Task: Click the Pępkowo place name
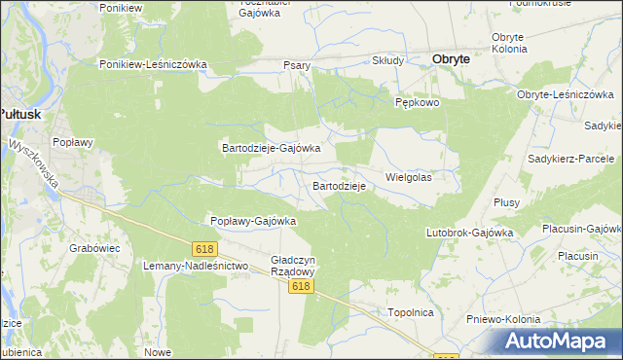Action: click(x=419, y=102)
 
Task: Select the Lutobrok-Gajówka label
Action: click(x=469, y=234)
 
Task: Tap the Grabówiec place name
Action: click(x=94, y=248)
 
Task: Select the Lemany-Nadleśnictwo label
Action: click(x=196, y=265)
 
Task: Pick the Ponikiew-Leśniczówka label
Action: click(x=154, y=64)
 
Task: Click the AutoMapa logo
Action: click(x=554, y=341)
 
